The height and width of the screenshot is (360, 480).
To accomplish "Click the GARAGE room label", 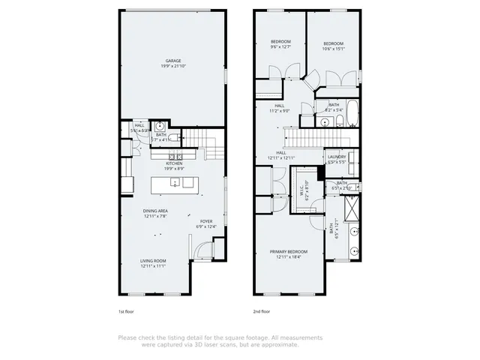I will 174,61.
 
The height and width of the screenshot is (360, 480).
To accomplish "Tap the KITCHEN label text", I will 174,163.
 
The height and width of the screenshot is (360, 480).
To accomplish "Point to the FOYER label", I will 205,223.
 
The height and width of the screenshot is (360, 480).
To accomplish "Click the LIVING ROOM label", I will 152,261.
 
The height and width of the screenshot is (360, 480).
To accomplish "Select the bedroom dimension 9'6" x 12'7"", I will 280,47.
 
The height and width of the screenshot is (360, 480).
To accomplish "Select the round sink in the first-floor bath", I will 160,126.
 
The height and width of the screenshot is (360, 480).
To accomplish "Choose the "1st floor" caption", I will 125,310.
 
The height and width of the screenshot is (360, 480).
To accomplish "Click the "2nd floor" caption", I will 261,310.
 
